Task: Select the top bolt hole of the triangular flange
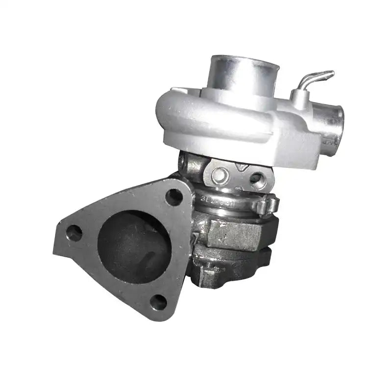coord(173,197)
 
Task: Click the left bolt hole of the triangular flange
coord(74,233)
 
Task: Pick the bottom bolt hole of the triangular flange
coord(158,302)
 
